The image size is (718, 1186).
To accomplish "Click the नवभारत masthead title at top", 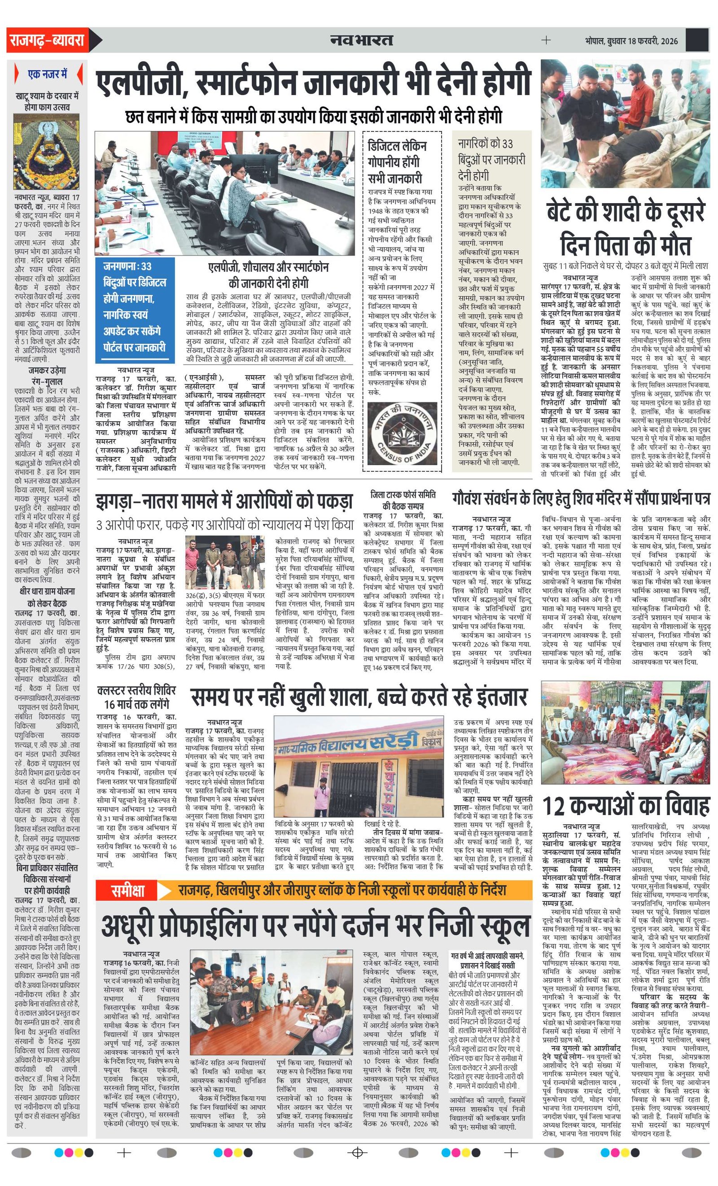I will [362, 40].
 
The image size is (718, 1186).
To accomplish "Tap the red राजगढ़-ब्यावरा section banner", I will [47, 40].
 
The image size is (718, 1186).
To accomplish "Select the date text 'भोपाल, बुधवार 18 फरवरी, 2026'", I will [631, 40].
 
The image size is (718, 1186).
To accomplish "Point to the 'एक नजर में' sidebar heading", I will [47, 74].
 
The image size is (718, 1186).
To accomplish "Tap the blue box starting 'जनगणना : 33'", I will [134, 307].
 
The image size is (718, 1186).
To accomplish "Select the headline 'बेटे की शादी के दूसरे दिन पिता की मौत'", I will [625, 229].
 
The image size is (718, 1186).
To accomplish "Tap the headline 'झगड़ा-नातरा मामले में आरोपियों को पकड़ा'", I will [224, 501].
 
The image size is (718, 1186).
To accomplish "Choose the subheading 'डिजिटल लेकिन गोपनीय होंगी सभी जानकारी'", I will [397, 162].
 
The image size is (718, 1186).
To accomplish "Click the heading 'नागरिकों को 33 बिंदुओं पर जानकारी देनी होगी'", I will [491, 159].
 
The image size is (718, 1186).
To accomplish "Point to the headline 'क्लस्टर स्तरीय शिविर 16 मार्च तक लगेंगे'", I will [137, 697].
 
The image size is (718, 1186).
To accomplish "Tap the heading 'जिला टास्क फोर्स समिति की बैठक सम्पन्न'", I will [403, 500].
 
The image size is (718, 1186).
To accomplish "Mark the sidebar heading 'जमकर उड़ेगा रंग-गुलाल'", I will [47, 375].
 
